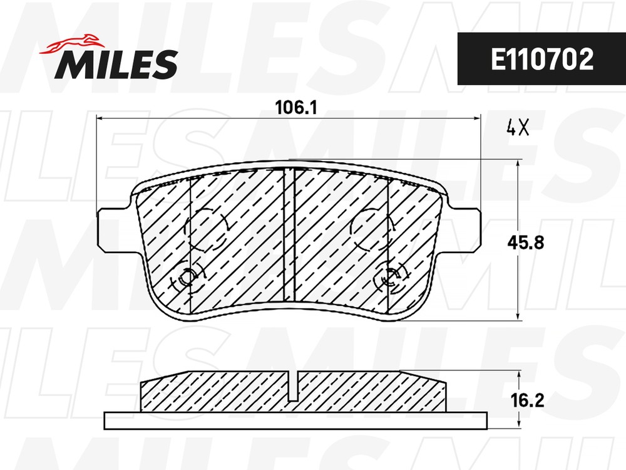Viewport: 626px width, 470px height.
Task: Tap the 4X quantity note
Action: pyautogui.click(x=518, y=128)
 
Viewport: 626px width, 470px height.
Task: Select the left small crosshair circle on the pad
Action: pyautogui.click(x=187, y=277)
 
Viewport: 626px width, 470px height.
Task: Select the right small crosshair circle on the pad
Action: pyautogui.click(x=390, y=277)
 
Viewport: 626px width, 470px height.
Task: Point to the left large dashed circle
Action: pyautogui.click(x=206, y=228)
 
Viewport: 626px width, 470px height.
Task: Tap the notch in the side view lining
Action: pyautogui.click(x=295, y=385)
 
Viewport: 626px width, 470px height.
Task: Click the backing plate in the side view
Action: pyautogui.click(x=295, y=420)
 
